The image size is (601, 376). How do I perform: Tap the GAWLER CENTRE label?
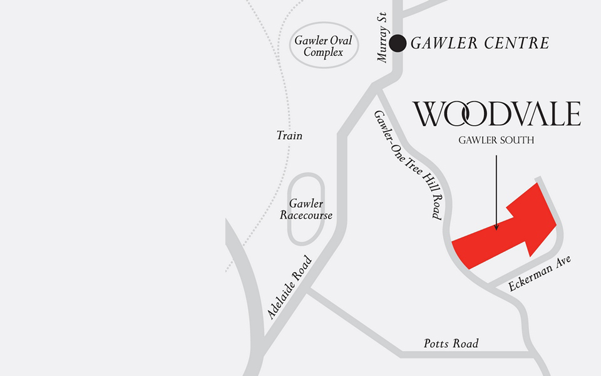pyautogui.click(x=480, y=43)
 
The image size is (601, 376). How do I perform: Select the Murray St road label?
pyautogui.click(x=383, y=38)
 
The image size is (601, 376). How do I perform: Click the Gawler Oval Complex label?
pyautogui.click(x=324, y=46)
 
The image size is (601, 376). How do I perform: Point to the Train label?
pyautogui.click(x=289, y=135)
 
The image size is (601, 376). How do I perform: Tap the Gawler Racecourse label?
pyautogui.click(x=306, y=209)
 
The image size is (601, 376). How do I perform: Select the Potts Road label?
pyautogui.click(x=451, y=343)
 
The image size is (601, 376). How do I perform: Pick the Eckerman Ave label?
pyautogui.click(x=540, y=273)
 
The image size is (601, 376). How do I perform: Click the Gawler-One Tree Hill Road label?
pyautogui.click(x=408, y=165)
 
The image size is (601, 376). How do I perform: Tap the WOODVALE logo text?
pyautogui.click(x=496, y=114)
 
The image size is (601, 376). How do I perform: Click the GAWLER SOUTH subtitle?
pyautogui.click(x=496, y=140)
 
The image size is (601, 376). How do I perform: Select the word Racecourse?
pyautogui.click(x=306, y=216)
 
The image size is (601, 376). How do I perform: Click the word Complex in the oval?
pyautogui.click(x=324, y=53)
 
